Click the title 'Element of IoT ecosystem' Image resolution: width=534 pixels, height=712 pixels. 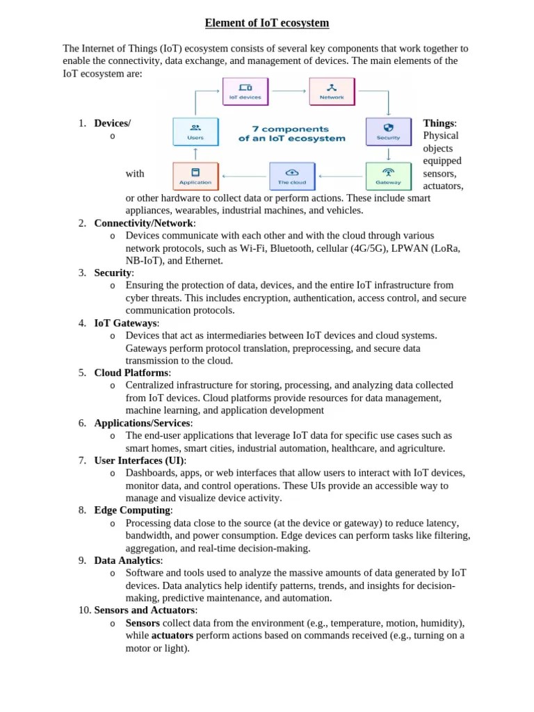(267, 24)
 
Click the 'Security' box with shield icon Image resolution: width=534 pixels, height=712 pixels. (388, 131)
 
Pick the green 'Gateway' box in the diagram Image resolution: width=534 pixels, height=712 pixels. (388, 176)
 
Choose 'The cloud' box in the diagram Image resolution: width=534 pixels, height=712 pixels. (292, 176)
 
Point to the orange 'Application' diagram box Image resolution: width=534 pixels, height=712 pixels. (195, 176)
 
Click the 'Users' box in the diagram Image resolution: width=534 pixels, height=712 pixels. (195, 131)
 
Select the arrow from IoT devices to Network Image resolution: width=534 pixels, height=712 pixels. (288, 90)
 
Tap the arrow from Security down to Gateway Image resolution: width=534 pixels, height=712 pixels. (388, 154)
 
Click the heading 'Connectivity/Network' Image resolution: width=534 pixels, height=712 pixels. (145, 223)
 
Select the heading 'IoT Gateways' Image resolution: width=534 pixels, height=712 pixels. (126, 323)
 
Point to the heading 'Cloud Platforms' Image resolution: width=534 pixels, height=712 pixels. (131, 373)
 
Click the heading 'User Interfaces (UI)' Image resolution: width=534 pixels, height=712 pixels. (139, 461)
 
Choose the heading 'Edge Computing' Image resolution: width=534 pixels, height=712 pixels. (132, 511)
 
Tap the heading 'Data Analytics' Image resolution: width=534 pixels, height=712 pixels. (128, 561)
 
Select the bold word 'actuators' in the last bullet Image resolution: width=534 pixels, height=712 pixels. (172, 636)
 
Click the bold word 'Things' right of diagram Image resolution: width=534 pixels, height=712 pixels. (439, 124)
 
